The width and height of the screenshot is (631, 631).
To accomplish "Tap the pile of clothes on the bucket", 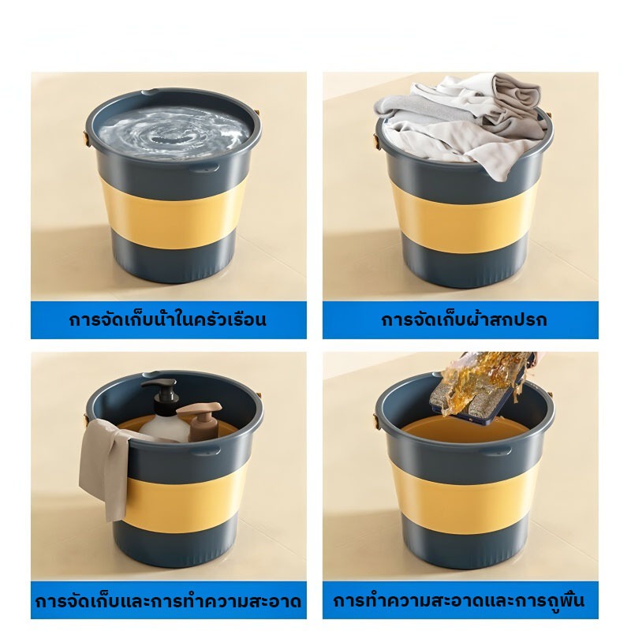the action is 463,121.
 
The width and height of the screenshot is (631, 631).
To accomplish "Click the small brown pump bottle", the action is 200,422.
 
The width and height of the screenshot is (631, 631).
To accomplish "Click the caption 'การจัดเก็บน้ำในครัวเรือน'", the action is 168,320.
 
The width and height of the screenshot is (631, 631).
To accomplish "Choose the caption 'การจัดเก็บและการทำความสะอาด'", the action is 168,602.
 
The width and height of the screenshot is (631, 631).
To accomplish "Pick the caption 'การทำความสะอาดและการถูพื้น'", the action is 459,601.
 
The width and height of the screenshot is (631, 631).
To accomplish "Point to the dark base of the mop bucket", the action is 463,547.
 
